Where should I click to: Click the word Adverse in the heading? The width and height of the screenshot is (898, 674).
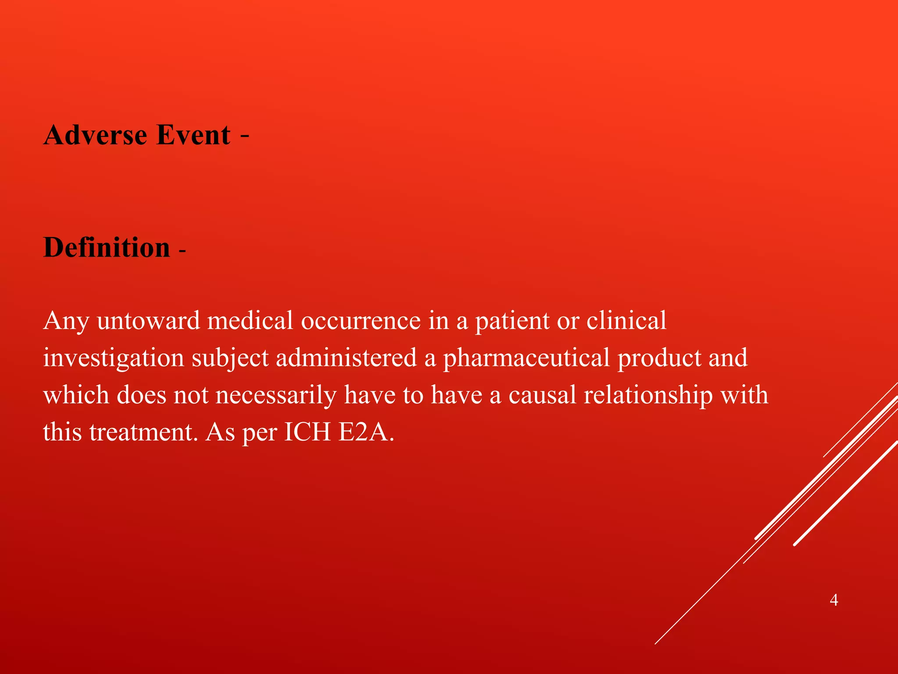pyautogui.click(x=95, y=135)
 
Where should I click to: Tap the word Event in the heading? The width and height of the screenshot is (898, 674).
pyautogui.click(x=193, y=135)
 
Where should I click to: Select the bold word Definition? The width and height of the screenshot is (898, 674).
pyautogui.click(x=107, y=247)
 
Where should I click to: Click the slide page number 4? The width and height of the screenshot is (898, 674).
pyautogui.click(x=834, y=600)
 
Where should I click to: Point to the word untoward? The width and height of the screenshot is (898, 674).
pyautogui.click(x=149, y=321)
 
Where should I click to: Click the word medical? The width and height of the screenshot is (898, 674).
pyautogui.click(x=250, y=321)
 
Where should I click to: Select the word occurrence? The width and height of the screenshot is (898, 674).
pyautogui.click(x=360, y=321)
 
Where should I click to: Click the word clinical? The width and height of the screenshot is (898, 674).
pyautogui.click(x=626, y=321)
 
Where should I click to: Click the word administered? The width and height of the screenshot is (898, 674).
pyautogui.click(x=346, y=358)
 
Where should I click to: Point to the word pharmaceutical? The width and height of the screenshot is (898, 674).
pyautogui.click(x=526, y=358)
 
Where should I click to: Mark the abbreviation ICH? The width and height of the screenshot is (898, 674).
pyautogui.click(x=307, y=433)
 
